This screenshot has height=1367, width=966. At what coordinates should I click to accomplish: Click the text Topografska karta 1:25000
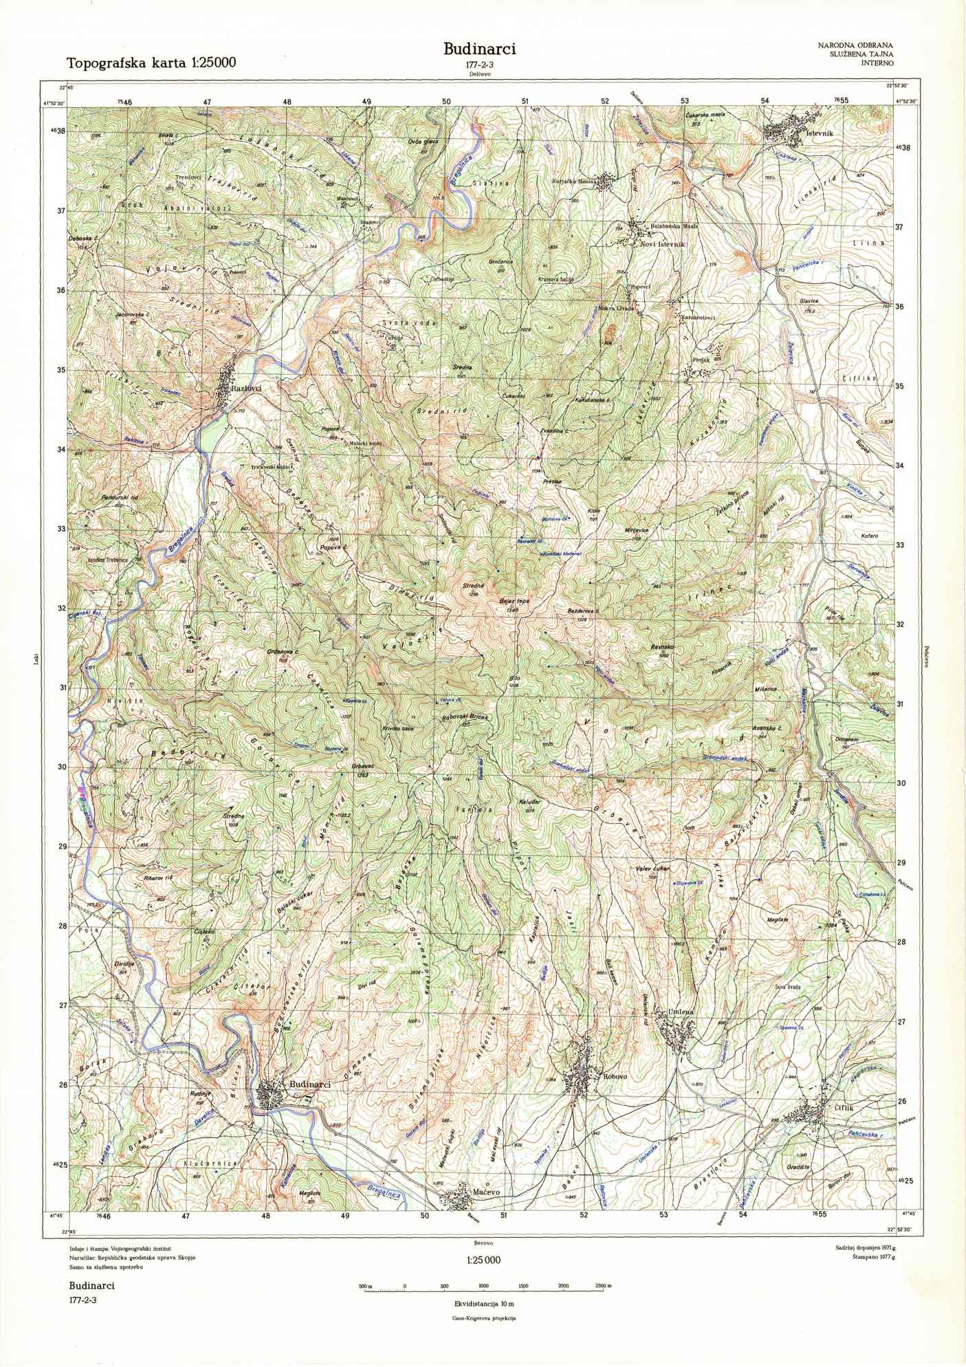point(151,63)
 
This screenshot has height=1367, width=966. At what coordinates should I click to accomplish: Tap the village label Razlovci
point(247,389)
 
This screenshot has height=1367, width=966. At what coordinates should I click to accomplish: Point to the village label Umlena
point(682,1011)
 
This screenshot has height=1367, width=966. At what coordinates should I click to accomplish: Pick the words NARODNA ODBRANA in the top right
point(855,45)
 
